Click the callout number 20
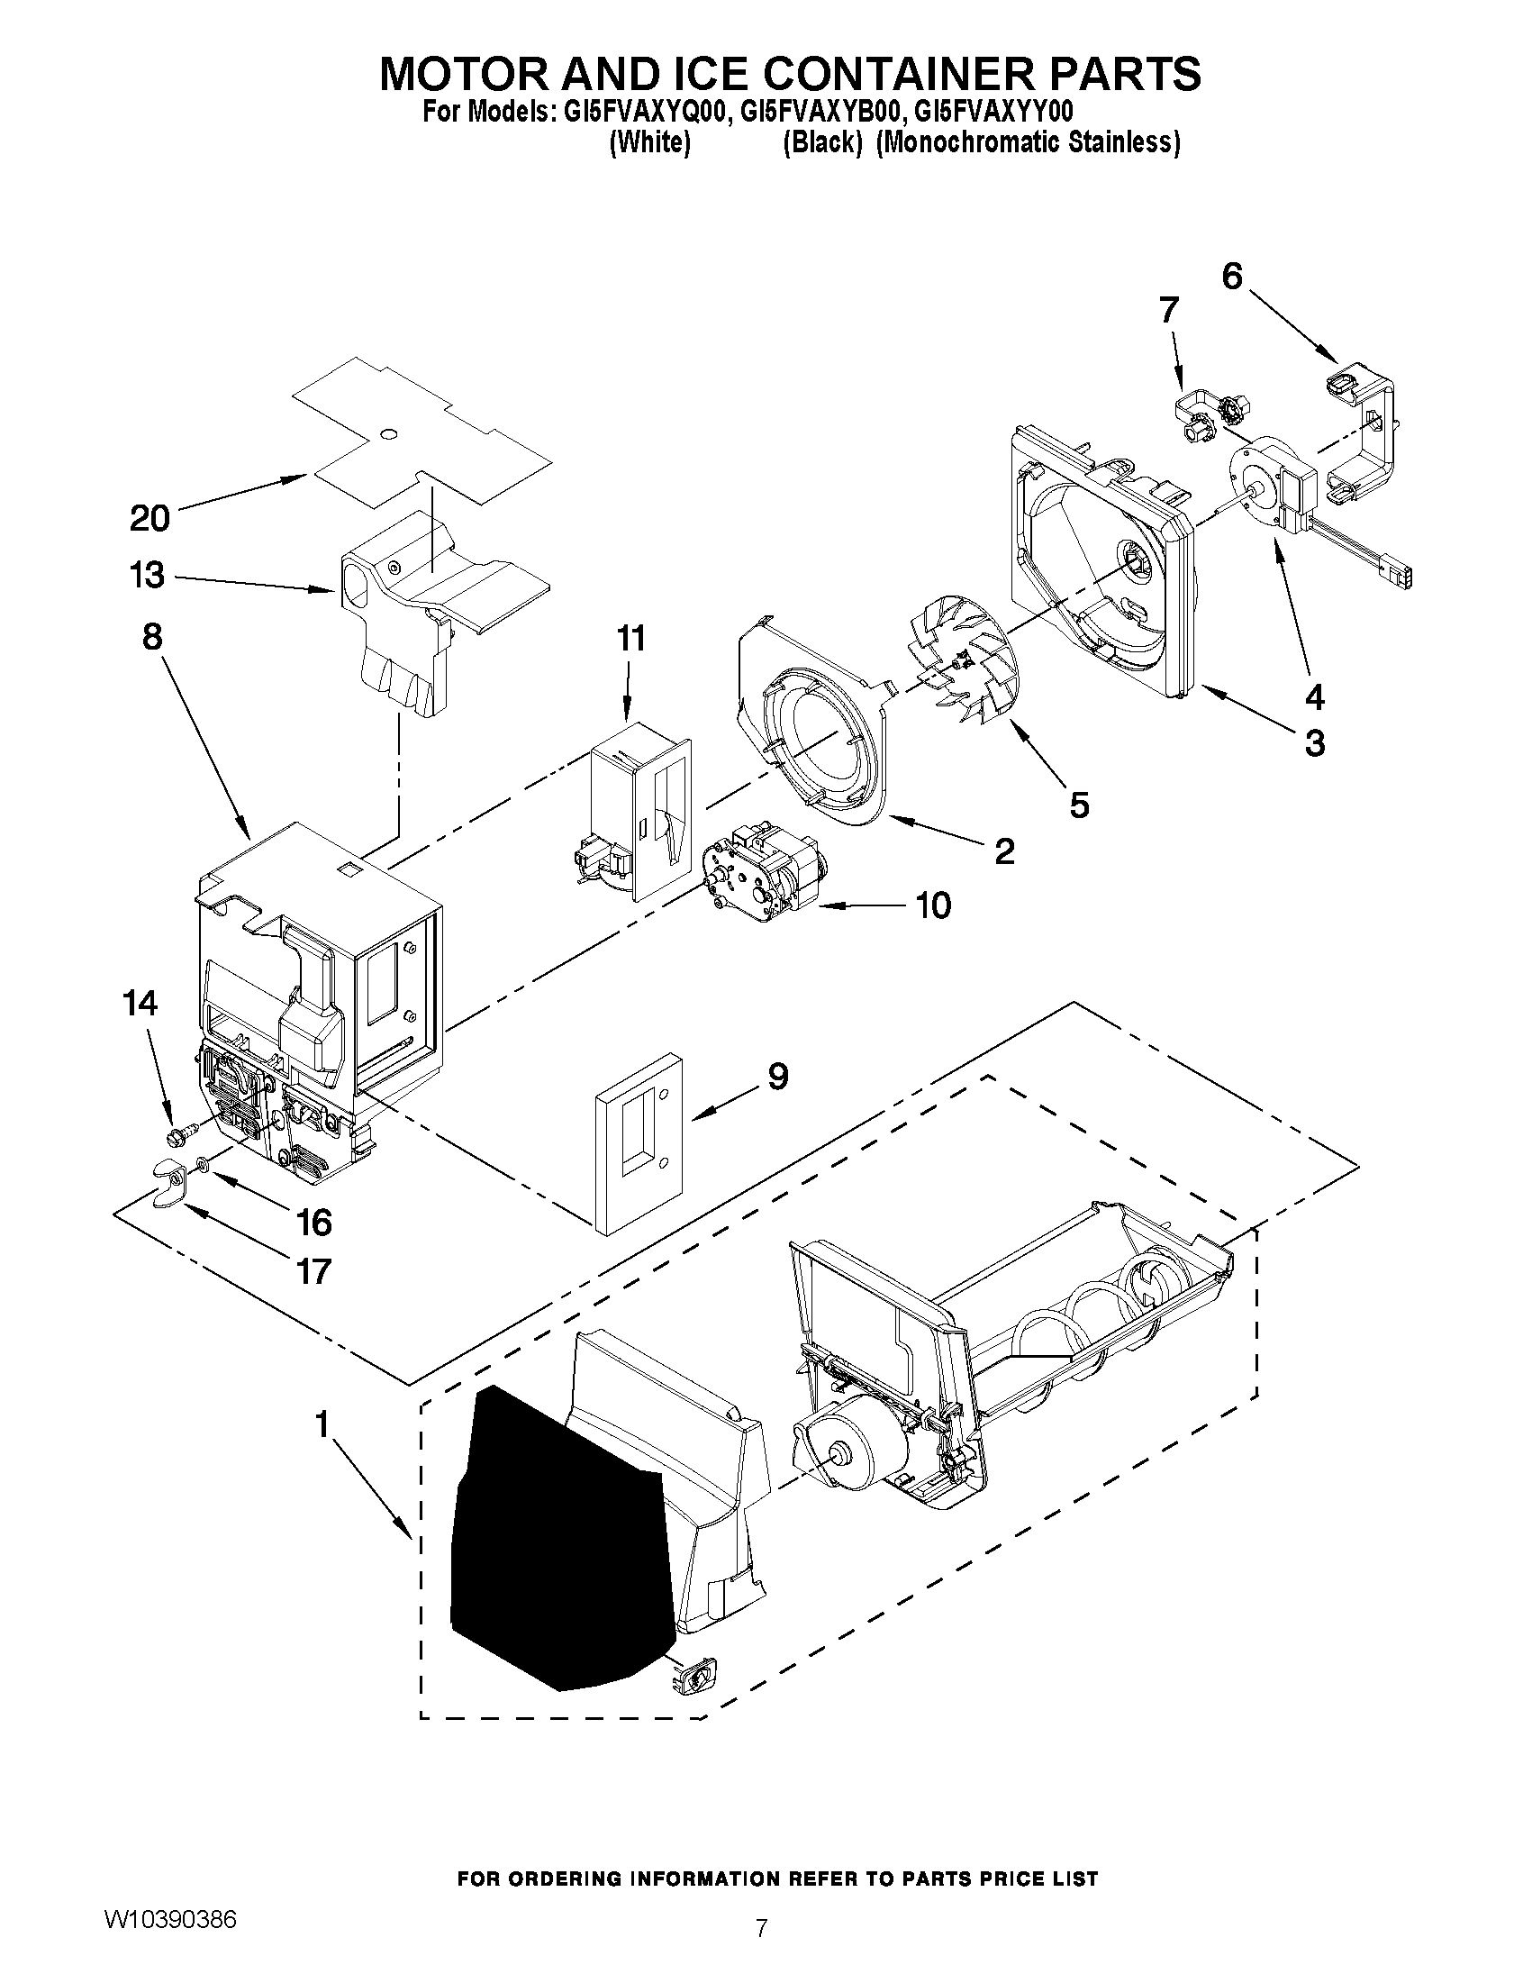[x=150, y=518]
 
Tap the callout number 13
[x=147, y=575]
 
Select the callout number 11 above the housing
[x=630, y=638]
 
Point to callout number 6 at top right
[x=1231, y=276]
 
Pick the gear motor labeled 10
[x=760, y=869]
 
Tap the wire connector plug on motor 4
[x=1398, y=578]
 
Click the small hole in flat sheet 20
[x=387, y=434]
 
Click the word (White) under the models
[x=650, y=142]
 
